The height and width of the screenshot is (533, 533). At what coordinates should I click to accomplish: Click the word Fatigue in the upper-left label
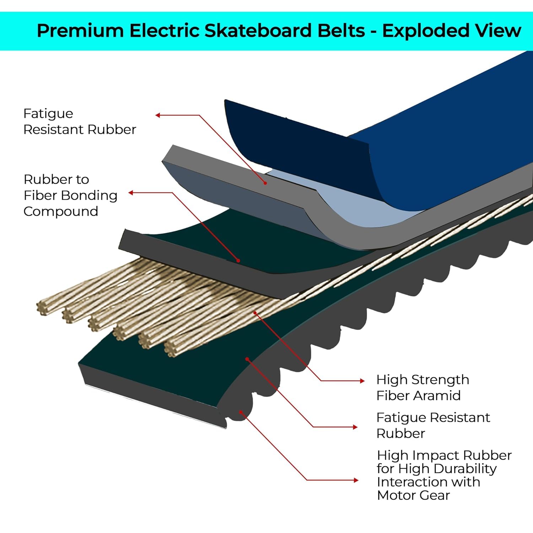click(48, 114)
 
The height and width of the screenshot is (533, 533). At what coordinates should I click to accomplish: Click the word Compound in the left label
click(61, 211)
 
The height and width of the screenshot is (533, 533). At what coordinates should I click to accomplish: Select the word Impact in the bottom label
click(437, 455)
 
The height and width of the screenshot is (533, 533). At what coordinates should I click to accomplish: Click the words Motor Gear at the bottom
click(413, 495)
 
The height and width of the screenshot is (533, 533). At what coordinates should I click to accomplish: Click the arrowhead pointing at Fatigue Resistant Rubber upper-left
click(158, 115)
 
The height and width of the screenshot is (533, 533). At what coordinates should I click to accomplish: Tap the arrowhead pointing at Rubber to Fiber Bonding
click(131, 193)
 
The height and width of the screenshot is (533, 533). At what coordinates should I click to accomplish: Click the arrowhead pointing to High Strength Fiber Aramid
click(362, 381)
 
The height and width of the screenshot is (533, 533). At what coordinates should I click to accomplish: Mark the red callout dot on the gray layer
click(265, 183)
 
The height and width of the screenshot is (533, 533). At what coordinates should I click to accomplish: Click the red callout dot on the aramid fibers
click(255, 313)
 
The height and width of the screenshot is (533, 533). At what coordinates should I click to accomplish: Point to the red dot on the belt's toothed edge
click(241, 412)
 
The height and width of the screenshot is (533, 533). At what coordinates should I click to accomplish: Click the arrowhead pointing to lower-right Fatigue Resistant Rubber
click(355, 427)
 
